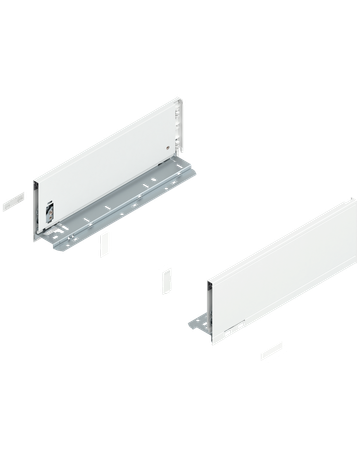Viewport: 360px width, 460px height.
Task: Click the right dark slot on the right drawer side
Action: coord(239,328)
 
